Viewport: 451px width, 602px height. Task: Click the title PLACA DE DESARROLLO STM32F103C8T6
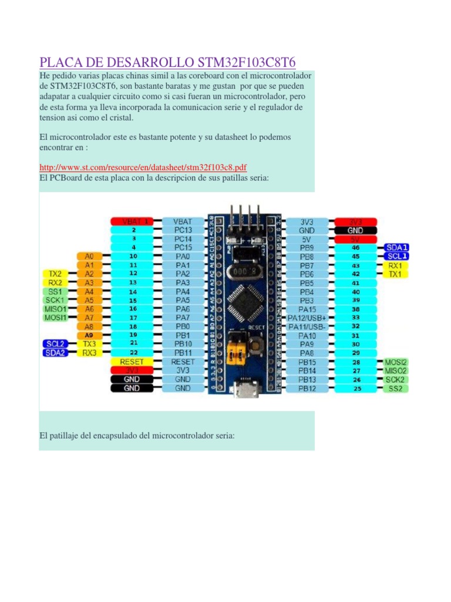coord(167,62)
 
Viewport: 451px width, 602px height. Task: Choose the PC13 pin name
coord(182,230)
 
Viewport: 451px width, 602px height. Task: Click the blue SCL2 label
coord(55,343)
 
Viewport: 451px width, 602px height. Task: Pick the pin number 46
coord(355,248)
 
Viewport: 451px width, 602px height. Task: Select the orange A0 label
coord(89,256)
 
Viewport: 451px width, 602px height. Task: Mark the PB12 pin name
coord(307,389)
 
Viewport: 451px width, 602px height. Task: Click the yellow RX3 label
coord(89,353)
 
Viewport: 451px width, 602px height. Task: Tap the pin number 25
coord(355,389)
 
